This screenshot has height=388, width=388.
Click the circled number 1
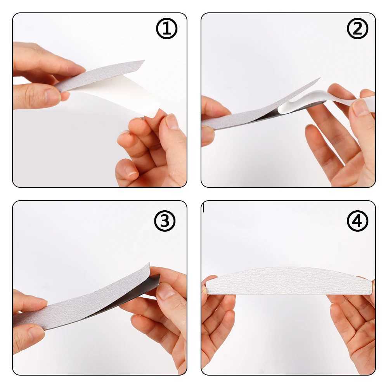[x=166, y=28]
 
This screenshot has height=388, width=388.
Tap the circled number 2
[x=357, y=28]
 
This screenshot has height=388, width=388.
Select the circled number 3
[x=165, y=221]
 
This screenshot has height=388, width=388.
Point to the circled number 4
[x=357, y=221]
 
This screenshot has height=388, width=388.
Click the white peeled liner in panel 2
[x=322, y=100]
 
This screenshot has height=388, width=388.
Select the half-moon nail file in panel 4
[x=289, y=281]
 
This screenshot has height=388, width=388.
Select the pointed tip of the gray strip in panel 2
[x=319, y=78]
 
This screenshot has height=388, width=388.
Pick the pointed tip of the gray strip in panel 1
[x=144, y=61]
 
